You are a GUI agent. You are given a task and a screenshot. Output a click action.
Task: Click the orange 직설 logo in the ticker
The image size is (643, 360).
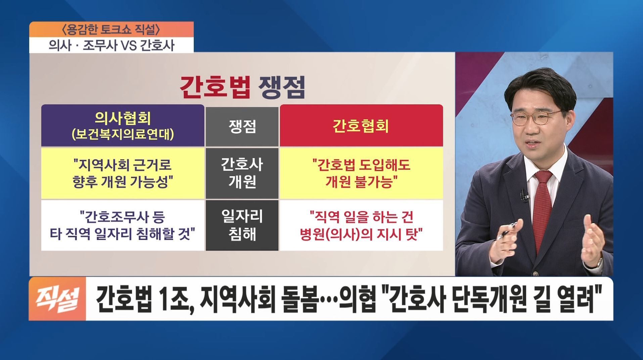[57, 299]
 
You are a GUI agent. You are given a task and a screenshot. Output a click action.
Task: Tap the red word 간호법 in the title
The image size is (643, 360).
[215, 87]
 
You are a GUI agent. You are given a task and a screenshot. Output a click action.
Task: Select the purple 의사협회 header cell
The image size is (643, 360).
[123, 126]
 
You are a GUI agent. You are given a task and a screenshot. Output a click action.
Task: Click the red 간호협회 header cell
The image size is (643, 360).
[361, 126]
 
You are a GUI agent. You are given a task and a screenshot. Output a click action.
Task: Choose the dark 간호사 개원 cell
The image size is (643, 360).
[242, 173]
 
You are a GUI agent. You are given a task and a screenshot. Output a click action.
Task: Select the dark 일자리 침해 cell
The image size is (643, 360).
[242, 225]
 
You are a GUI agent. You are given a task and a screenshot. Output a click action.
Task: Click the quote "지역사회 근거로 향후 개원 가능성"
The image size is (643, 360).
[123, 173]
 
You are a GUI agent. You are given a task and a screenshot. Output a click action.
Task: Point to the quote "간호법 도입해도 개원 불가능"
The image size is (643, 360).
[361, 173]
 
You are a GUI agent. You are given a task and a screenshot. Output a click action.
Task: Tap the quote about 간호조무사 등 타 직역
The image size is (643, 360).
[123, 225]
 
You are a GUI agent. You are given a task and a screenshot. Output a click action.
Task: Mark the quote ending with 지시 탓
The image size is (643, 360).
[361, 225]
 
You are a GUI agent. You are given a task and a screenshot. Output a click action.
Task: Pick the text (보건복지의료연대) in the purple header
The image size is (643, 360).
[123, 134]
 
